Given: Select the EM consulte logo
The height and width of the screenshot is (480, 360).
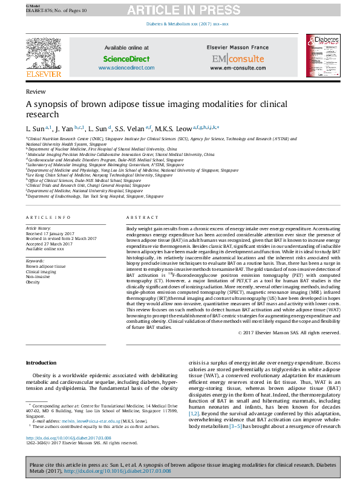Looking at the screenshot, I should [238, 59].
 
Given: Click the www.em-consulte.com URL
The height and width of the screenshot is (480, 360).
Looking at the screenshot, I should [238, 68].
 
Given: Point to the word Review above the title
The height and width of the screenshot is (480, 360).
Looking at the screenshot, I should [35, 91].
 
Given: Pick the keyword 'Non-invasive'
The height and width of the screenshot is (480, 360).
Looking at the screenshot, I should [39, 276].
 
